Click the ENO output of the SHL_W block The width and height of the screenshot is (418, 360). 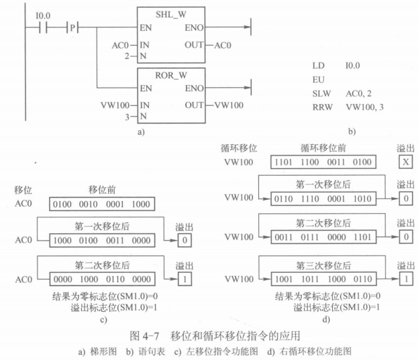195,28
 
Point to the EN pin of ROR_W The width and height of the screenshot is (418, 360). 146,88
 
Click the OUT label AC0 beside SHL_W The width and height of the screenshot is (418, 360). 223,45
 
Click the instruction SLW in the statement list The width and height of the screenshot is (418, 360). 321,94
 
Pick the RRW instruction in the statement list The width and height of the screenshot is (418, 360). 321,107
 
